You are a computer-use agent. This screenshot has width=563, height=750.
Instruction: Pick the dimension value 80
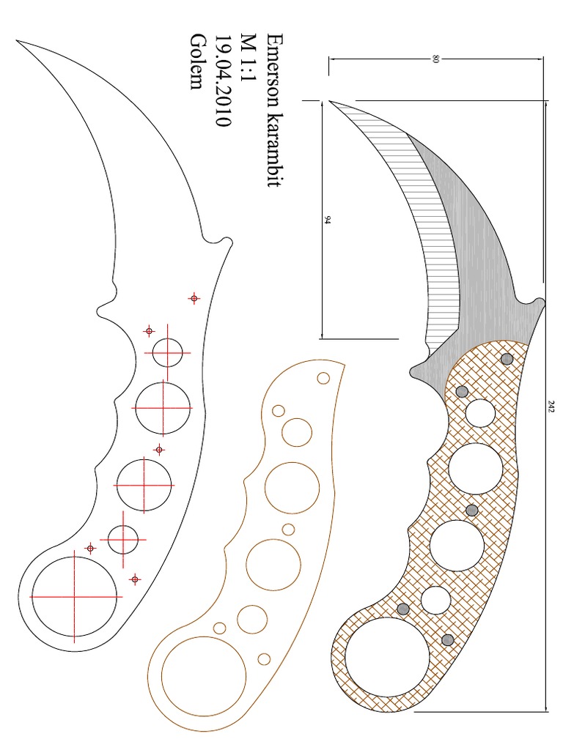pos(435,59)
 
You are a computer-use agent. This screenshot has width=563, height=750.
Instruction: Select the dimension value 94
pos(327,219)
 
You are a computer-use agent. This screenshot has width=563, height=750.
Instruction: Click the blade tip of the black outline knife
pos(18,40)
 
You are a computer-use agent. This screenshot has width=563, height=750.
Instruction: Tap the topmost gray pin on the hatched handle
pos(507,359)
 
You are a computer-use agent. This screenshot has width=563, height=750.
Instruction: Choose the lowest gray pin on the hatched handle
pos(447,640)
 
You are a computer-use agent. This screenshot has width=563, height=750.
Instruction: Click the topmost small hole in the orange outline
pos(323,379)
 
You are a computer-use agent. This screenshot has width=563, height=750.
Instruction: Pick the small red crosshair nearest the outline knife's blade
pos(194,298)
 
